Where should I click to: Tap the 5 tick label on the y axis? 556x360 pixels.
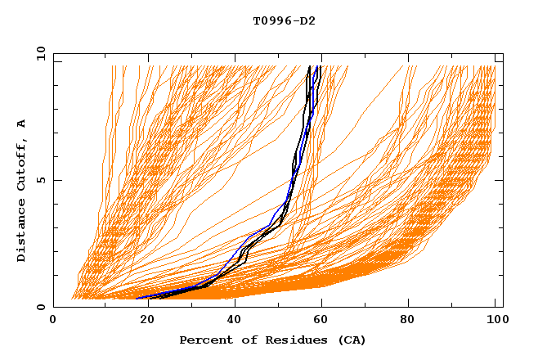42,181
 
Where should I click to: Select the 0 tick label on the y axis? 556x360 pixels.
42,307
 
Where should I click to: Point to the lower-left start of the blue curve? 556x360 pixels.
137,299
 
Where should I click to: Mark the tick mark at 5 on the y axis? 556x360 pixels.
56,181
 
